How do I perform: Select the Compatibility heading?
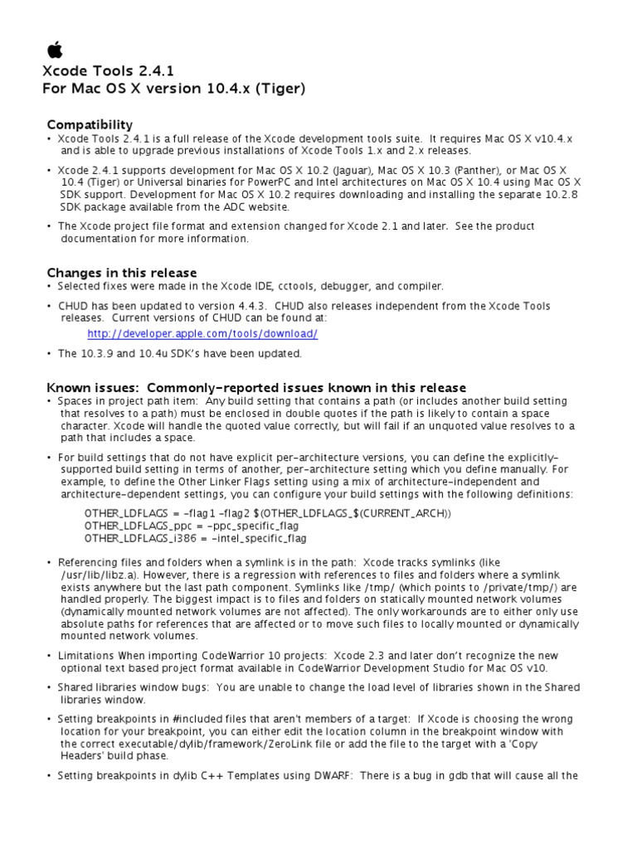pyautogui.click(x=90, y=124)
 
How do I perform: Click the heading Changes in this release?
pyautogui.click(x=122, y=272)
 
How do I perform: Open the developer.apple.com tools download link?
pyautogui.click(x=202, y=333)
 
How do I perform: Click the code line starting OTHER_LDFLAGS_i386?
pyautogui.click(x=196, y=538)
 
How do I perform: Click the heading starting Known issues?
pyautogui.click(x=255, y=387)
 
